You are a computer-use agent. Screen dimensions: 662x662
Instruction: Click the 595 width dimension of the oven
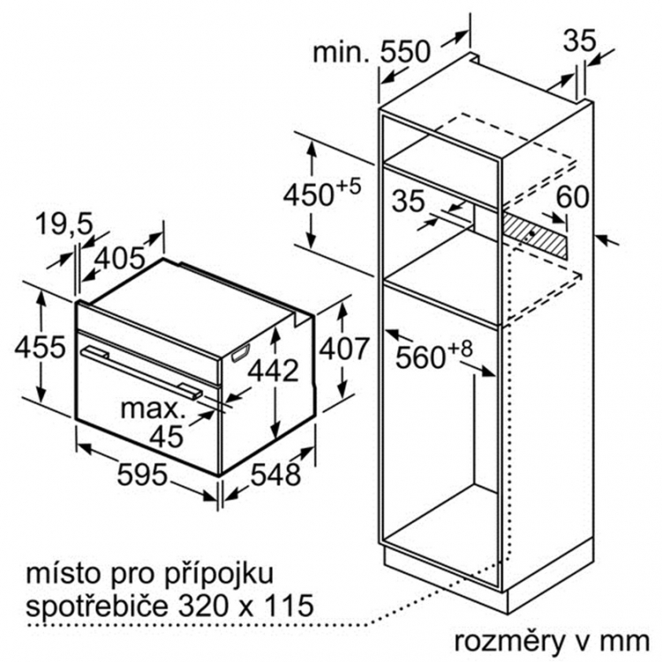point(142,474)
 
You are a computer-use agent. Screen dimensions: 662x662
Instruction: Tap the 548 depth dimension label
point(275,474)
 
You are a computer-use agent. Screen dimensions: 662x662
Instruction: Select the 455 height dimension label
point(40,347)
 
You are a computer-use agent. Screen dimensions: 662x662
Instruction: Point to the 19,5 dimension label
point(64,224)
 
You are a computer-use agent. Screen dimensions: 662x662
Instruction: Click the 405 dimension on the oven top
point(120,258)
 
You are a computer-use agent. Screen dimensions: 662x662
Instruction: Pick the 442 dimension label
point(273,370)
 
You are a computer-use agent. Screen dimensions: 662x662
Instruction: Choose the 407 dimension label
point(344,349)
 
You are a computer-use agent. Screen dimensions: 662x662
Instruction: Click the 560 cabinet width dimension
point(433,354)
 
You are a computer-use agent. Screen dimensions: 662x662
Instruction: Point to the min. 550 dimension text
point(372,51)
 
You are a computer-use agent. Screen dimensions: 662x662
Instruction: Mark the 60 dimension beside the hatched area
point(572,196)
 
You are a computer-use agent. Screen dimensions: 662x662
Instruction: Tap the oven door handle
point(141,371)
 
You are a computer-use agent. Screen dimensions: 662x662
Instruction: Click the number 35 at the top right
point(579,41)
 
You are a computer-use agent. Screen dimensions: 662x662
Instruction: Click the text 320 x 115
point(246,606)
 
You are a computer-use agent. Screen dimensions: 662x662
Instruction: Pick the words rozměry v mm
point(552,642)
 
